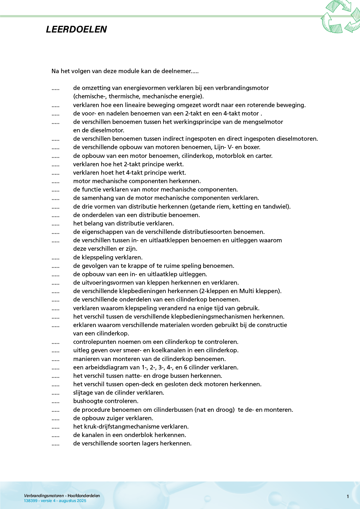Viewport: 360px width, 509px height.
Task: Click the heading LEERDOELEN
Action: (x=76, y=29)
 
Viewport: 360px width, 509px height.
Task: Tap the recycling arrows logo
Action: (x=340, y=17)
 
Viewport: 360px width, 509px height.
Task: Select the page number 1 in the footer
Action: (x=348, y=497)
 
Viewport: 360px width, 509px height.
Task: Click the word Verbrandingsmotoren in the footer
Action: (x=44, y=496)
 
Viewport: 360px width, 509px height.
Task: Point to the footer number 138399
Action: (x=30, y=501)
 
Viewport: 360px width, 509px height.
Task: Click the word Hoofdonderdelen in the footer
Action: (x=84, y=496)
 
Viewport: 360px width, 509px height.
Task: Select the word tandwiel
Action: (x=279, y=207)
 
